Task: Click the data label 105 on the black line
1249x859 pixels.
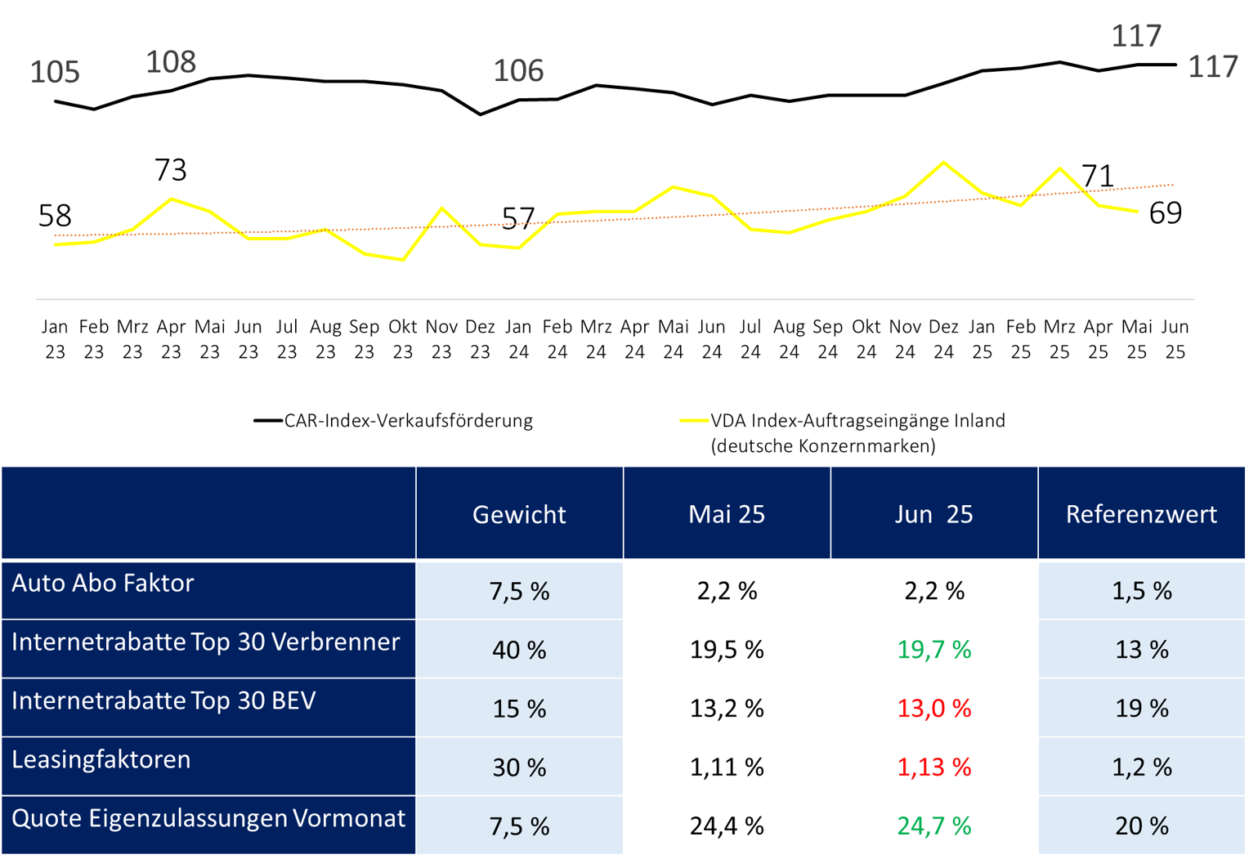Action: (x=55, y=72)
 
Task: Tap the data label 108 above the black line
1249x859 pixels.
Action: (x=171, y=62)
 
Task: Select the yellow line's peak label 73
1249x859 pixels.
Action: (x=171, y=170)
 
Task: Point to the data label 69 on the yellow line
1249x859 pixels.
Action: (x=1165, y=213)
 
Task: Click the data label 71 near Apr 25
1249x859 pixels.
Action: (x=1098, y=176)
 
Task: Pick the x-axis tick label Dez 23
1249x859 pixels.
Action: (x=480, y=339)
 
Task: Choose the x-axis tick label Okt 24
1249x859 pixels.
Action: (x=866, y=339)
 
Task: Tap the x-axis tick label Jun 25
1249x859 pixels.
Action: (x=1175, y=339)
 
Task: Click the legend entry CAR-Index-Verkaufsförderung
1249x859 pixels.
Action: (x=408, y=421)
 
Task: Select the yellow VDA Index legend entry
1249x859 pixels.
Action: (x=857, y=432)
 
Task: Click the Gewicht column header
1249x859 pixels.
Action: (x=519, y=514)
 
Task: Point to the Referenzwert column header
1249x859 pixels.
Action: (x=1141, y=514)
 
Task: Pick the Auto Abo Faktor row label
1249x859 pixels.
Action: (x=103, y=584)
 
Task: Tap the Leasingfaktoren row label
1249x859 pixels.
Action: (x=101, y=760)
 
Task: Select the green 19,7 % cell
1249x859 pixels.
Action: (x=933, y=650)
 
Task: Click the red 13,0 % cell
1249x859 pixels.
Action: (x=933, y=709)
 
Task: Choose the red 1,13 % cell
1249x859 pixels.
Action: (x=933, y=767)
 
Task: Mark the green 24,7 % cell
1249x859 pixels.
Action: (x=933, y=826)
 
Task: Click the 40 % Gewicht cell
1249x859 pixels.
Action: (x=519, y=650)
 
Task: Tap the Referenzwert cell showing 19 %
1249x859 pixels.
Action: (x=1141, y=709)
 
